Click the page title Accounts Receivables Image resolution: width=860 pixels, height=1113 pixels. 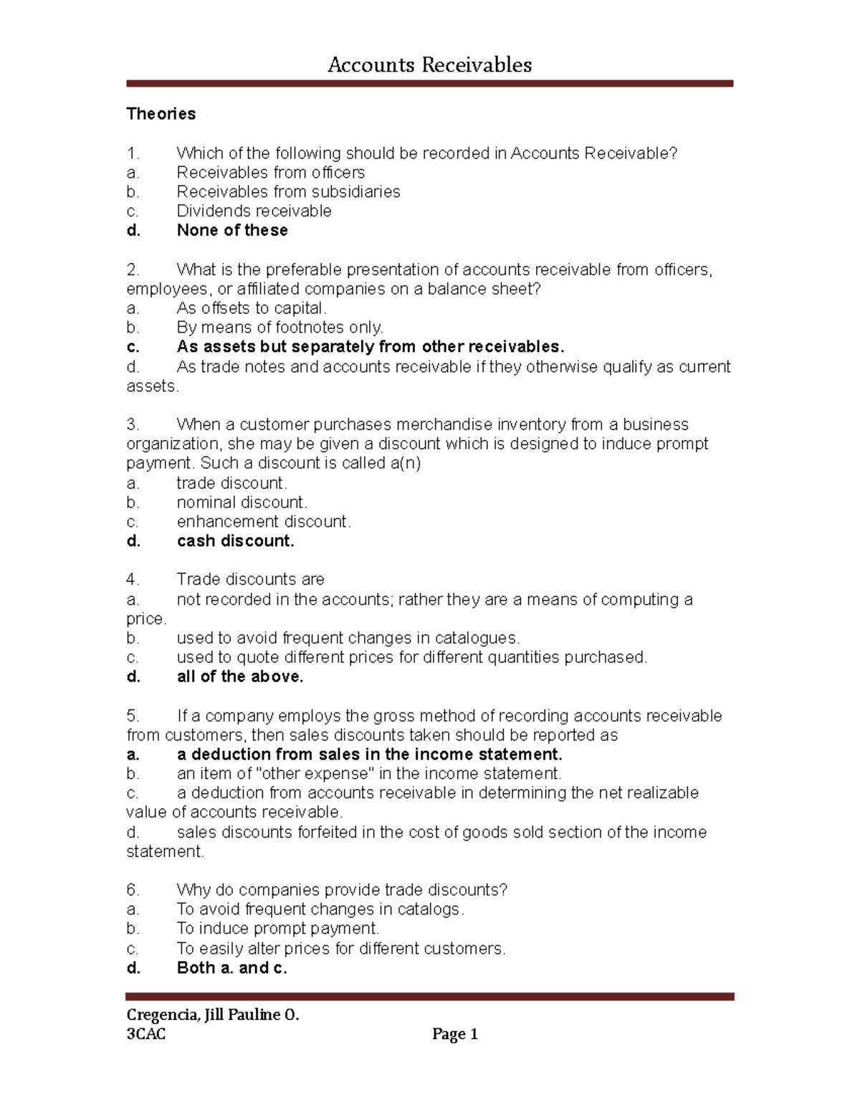point(429,65)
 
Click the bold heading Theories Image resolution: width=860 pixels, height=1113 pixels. point(161,114)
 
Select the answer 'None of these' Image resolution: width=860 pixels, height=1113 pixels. point(232,231)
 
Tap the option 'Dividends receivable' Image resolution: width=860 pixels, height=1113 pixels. point(254,211)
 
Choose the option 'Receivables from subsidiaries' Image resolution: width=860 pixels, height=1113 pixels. point(288,192)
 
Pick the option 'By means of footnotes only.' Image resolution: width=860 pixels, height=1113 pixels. point(280,328)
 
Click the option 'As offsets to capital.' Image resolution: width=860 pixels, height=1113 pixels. point(252,308)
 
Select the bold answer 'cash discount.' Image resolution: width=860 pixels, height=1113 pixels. point(235,541)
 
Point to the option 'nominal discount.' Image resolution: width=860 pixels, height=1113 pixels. point(242,502)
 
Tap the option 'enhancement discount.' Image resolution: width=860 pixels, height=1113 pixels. point(264,522)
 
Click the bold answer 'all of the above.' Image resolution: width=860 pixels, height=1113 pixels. point(240,677)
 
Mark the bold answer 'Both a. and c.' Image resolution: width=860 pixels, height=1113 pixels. point(231,968)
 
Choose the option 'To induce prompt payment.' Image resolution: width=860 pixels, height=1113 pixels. point(278,929)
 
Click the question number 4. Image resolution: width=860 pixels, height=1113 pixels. point(133,580)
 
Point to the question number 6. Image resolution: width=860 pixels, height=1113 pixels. point(133,890)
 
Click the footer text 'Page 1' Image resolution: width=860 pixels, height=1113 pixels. point(455,1034)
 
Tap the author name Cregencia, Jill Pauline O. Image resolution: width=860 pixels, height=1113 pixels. point(213,1015)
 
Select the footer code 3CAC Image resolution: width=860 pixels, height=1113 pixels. point(146,1034)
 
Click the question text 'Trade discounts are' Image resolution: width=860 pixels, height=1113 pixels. point(250,580)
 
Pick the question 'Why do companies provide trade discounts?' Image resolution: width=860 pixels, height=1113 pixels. point(342,890)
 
